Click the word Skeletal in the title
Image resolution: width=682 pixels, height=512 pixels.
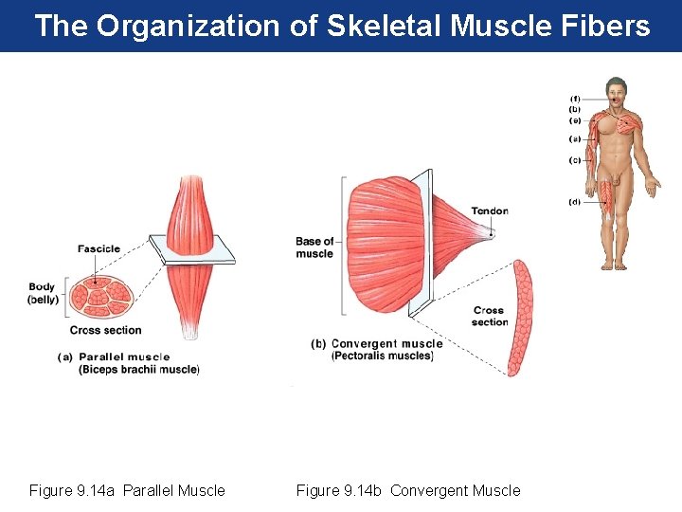(x=385, y=26)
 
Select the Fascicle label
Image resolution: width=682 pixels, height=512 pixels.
(x=99, y=249)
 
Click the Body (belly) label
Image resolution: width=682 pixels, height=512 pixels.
(x=43, y=293)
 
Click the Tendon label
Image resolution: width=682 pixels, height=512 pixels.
(x=490, y=211)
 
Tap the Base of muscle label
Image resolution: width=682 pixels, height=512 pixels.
(x=314, y=247)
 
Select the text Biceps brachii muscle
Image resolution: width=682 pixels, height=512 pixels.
(x=139, y=370)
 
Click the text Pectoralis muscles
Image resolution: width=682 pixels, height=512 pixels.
(x=382, y=357)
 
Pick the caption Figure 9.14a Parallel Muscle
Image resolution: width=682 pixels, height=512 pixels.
(x=127, y=490)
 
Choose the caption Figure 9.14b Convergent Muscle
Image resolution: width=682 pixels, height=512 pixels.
(x=408, y=490)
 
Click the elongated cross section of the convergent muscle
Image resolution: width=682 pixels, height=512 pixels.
(x=519, y=318)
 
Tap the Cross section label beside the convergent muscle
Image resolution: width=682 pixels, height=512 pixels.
(x=489, y=316)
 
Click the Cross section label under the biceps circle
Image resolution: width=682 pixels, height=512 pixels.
(x=105, y=330)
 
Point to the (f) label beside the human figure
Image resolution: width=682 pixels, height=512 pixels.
(x=575, y=98)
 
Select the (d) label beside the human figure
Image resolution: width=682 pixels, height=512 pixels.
(x=575, y=202)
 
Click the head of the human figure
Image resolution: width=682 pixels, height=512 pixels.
(x=618, y=92)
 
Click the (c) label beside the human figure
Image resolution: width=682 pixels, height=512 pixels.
(x=575, y=160)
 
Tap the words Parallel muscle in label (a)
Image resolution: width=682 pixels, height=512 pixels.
(x=125, y=357)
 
